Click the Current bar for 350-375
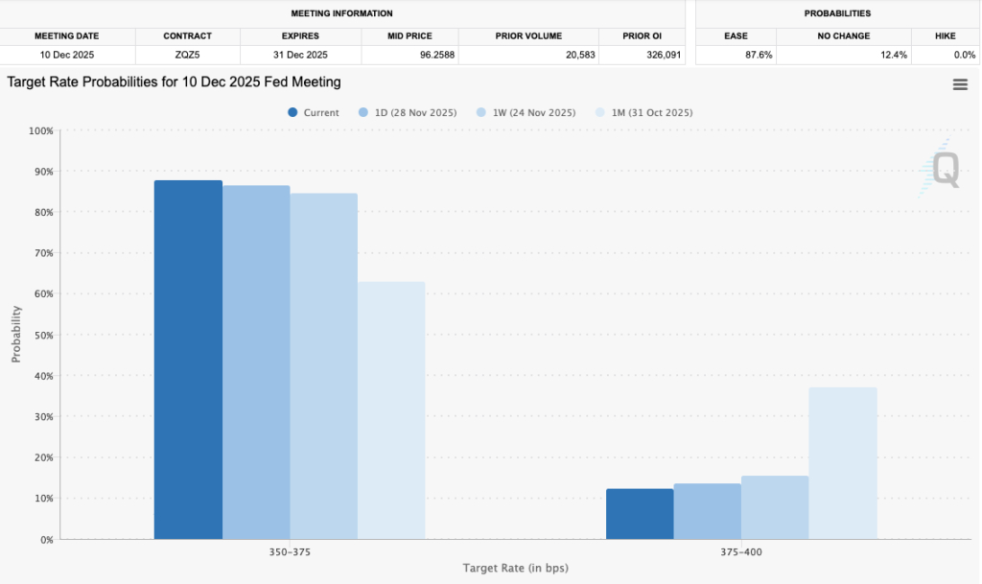pyautogui.click(x=188, y=360)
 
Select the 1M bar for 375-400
pyautogui.click(x=842, y=463)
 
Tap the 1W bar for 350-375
pyautogui.click(x=324, y=366)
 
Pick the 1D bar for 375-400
pyautogui.click(x=707, y=511)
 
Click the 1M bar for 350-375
pyautogui.click(x=391, y=410)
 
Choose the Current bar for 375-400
pyautogui.click(x=640, y=514)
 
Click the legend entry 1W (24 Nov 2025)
pyautogui.click(x=526, y=112)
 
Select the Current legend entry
pyautogui.click(x=314, y=112)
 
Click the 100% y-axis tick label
pyautogui.click(x=40, y=130)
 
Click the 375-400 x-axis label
pyautogui.click(x=741, y=552)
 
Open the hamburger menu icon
pyautogui.click(x=960, y=84)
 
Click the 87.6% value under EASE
pyautogui.click(x=759, y=55)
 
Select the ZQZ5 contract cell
pyautogui.click(x=187, y=55)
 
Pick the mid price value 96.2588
pyautogui.click(x=437, y=55)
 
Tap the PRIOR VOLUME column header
pyautogui.click(x=528, y=36)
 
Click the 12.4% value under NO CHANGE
pyautogui.click(x=894, y=55)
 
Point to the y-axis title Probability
pyautogui.click(x=16, y=335)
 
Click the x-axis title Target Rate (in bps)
pyautogui.click(x=515, y=569)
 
